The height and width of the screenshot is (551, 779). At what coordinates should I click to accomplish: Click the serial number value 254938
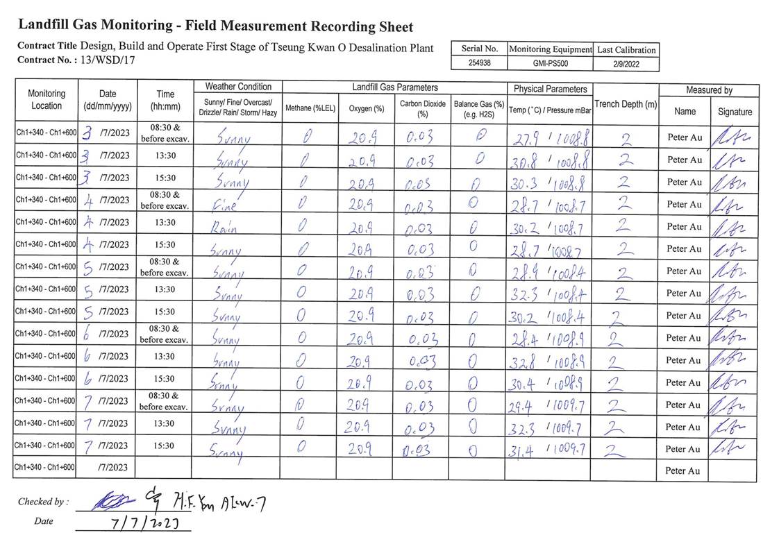[480, 63]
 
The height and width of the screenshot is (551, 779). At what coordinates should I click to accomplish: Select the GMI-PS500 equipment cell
[550, 63]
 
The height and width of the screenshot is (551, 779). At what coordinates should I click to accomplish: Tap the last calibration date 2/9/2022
[626, 64]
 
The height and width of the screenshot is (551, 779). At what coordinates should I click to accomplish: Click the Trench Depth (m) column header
[625, 104]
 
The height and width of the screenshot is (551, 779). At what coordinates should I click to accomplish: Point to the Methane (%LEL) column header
[310, 109]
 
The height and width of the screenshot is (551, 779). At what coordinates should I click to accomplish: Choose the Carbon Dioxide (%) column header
[422, 108]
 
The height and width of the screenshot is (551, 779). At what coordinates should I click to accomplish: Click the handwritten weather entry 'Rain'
[228, 227]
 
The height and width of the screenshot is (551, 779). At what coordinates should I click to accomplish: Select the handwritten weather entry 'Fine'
[226, 205]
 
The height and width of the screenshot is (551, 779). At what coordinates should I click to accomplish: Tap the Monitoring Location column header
[47, 99]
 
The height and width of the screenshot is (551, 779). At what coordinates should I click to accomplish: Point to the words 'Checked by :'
[43, 502]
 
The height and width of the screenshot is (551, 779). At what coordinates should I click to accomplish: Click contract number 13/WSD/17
[108, 60]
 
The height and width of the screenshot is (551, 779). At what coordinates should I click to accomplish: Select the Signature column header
[735, 111]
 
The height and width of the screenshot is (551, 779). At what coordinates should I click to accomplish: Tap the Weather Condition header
[238, 87]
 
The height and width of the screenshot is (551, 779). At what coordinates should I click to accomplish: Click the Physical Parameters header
[550, 89]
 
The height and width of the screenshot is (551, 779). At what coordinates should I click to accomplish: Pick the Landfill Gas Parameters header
[394, 87]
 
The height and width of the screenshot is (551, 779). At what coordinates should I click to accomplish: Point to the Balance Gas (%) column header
[478, 108]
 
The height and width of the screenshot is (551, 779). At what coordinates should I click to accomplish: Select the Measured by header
[708, 90]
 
